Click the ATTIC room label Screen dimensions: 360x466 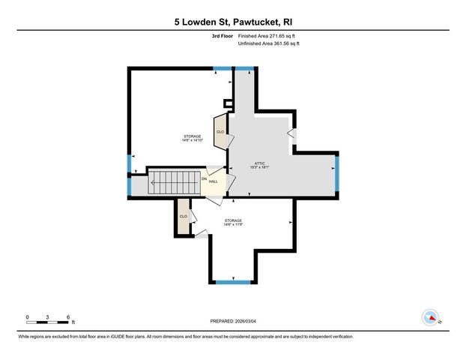[x=260, y=164]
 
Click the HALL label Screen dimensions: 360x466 [x=214, y=181]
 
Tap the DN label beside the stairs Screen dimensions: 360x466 [x=204, y=178]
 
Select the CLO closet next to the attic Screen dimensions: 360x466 [x=220, y=132]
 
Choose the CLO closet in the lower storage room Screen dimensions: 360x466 [x=183, y=217]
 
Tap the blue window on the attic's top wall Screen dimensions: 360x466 [x=245, y=68]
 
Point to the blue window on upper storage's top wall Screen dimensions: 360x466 [x=222, y=68]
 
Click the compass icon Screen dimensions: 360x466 [x=430, y=317]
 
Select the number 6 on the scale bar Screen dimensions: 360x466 [x=68, y=317]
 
